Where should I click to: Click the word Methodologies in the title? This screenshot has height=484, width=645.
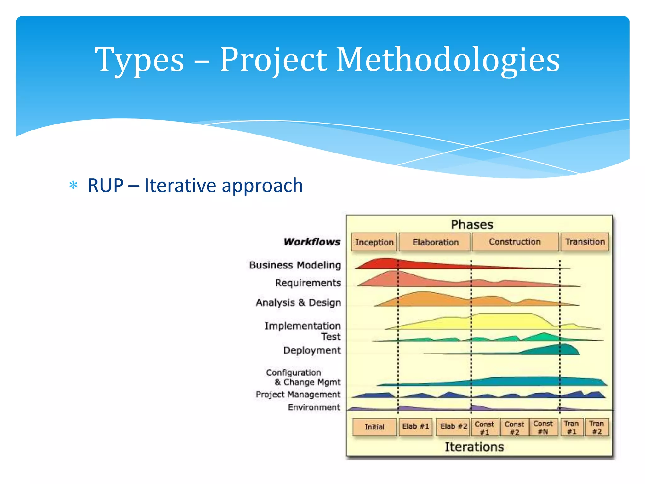point(448,60)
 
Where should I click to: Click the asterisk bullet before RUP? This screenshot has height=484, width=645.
point(73,185)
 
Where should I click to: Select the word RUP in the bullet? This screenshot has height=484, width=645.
point(106,185)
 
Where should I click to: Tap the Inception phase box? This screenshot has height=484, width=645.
point(374,242)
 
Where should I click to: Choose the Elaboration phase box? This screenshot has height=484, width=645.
point(435,242)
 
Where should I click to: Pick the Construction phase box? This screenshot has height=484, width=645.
point(515,242)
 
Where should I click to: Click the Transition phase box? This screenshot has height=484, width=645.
point(585,242)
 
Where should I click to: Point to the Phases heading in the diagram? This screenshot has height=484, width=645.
point(472,225)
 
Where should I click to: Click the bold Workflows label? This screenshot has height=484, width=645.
point(312,242)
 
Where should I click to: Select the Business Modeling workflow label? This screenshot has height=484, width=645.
point(295,265)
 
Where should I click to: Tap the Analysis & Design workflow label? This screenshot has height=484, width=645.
point(298,302)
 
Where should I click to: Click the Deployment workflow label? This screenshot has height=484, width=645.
point(312,350)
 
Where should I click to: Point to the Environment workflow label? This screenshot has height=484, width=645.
point(314,407)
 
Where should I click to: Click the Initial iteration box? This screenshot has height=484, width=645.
point(374,427)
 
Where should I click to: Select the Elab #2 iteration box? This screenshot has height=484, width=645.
point(453,427)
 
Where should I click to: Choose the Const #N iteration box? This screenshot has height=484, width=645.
point(543,427)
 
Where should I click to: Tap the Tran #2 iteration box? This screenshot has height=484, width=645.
point(596,427)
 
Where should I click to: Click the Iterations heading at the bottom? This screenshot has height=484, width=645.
point(474,447)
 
